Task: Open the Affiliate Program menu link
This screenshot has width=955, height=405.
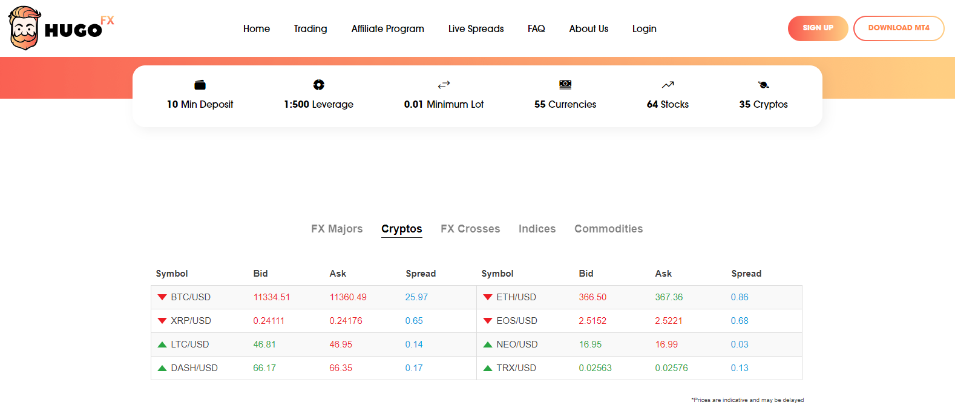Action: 387,28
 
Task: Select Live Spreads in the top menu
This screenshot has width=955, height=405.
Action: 476,28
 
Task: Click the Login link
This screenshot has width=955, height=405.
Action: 644,28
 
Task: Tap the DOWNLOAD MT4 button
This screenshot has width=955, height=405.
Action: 898,28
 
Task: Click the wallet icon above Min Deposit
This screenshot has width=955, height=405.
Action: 200,85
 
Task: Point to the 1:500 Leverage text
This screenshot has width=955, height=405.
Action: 318,104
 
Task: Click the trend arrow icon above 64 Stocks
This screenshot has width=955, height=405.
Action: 668,85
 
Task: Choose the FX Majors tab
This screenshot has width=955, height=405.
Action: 336,229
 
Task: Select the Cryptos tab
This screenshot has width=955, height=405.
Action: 401,229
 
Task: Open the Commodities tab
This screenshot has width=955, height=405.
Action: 608,229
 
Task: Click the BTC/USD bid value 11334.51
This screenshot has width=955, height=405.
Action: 271,297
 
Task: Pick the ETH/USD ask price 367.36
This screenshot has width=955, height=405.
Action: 668,297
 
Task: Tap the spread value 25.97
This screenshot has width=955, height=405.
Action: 416,297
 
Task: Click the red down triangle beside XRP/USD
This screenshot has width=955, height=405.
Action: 162,321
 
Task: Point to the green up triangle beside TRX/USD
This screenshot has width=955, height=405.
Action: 488,368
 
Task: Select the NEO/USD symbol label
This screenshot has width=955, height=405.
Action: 517,344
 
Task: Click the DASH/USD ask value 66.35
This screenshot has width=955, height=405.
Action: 341,368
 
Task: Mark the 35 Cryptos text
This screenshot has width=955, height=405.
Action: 763,104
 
